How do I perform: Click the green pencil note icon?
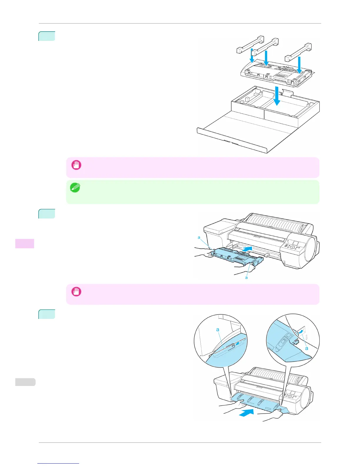click(75, 188)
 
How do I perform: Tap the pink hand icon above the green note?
click(76, 165)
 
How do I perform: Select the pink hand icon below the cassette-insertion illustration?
click(76, 292)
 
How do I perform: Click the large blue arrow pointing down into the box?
click(276, 96)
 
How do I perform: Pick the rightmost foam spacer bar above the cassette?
click(298, 52)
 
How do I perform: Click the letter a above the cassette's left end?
click(199, 237)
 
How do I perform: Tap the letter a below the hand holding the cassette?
click(246, 277)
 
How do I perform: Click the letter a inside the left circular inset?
click(218, 329)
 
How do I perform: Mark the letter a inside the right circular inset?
click(306, 348)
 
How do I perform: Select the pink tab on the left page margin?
click(25, 244)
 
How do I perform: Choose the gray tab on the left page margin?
click(25, 382)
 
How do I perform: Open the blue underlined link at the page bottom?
click(58, 464)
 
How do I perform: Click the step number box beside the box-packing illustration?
click(47, 36)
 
